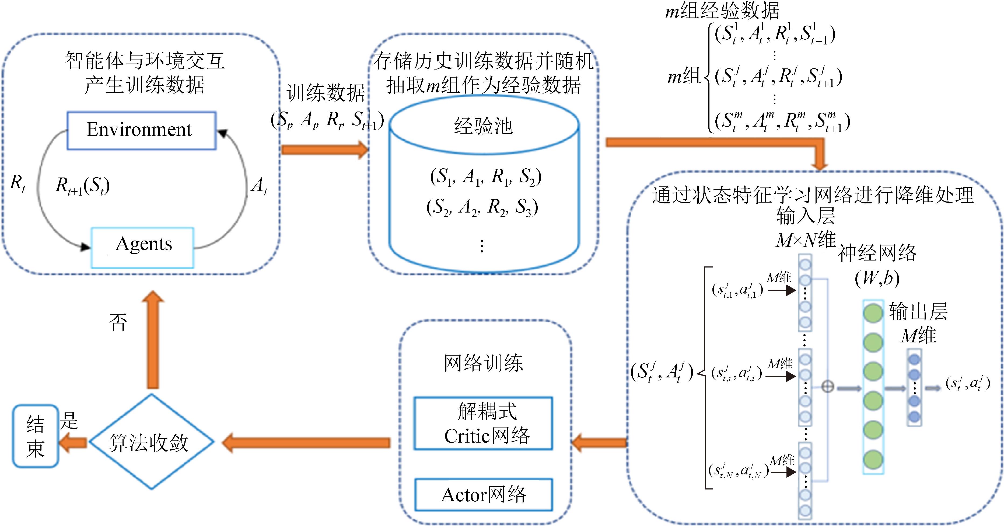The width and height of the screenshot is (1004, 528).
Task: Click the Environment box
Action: click(x=141, y=130)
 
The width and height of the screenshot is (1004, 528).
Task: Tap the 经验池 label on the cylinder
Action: click(x=483, y=126)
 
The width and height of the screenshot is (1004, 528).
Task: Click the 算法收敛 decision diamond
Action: click(x=151, y=442)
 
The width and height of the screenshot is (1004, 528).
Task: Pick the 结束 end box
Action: click(x=36, y=436)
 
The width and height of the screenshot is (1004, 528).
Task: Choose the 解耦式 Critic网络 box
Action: click(x=483, y=423)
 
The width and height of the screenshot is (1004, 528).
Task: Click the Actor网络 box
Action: click(x=483, y=495)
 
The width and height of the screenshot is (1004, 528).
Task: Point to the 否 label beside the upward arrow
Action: click(x=118, y=322)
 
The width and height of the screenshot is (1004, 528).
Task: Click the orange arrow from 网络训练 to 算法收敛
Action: click(x=306, y=443)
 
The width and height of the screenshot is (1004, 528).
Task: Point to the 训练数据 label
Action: click(x=326, y=93)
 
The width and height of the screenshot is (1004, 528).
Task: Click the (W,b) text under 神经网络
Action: click(x=877, y=278)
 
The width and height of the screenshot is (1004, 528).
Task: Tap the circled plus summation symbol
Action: click(x=827, y=387)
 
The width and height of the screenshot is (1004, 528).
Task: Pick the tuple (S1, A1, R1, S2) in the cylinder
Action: click(x=485, y=177)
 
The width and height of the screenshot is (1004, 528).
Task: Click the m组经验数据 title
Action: click(x=722, y=11)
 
